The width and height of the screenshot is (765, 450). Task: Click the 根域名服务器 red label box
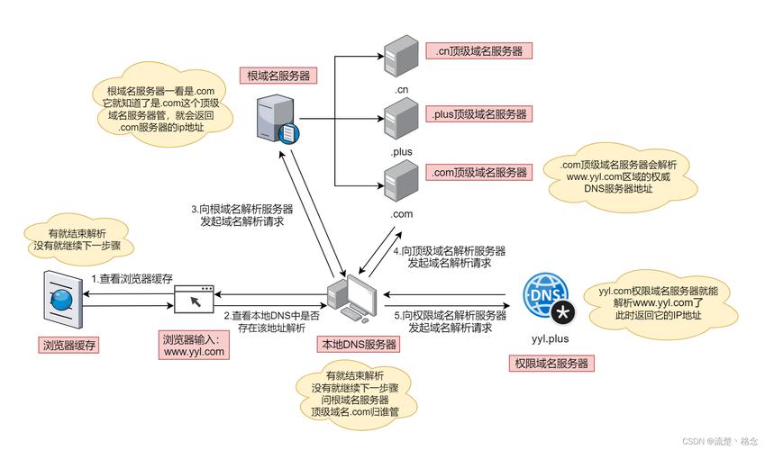pos(278,76)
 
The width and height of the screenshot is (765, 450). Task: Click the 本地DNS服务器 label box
pos(359,345)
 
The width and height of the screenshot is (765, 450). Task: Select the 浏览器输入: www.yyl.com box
pos(194,346)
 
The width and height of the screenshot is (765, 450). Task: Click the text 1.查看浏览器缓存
pos(132,280)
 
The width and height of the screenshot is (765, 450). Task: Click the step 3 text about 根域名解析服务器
pos(242,214)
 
